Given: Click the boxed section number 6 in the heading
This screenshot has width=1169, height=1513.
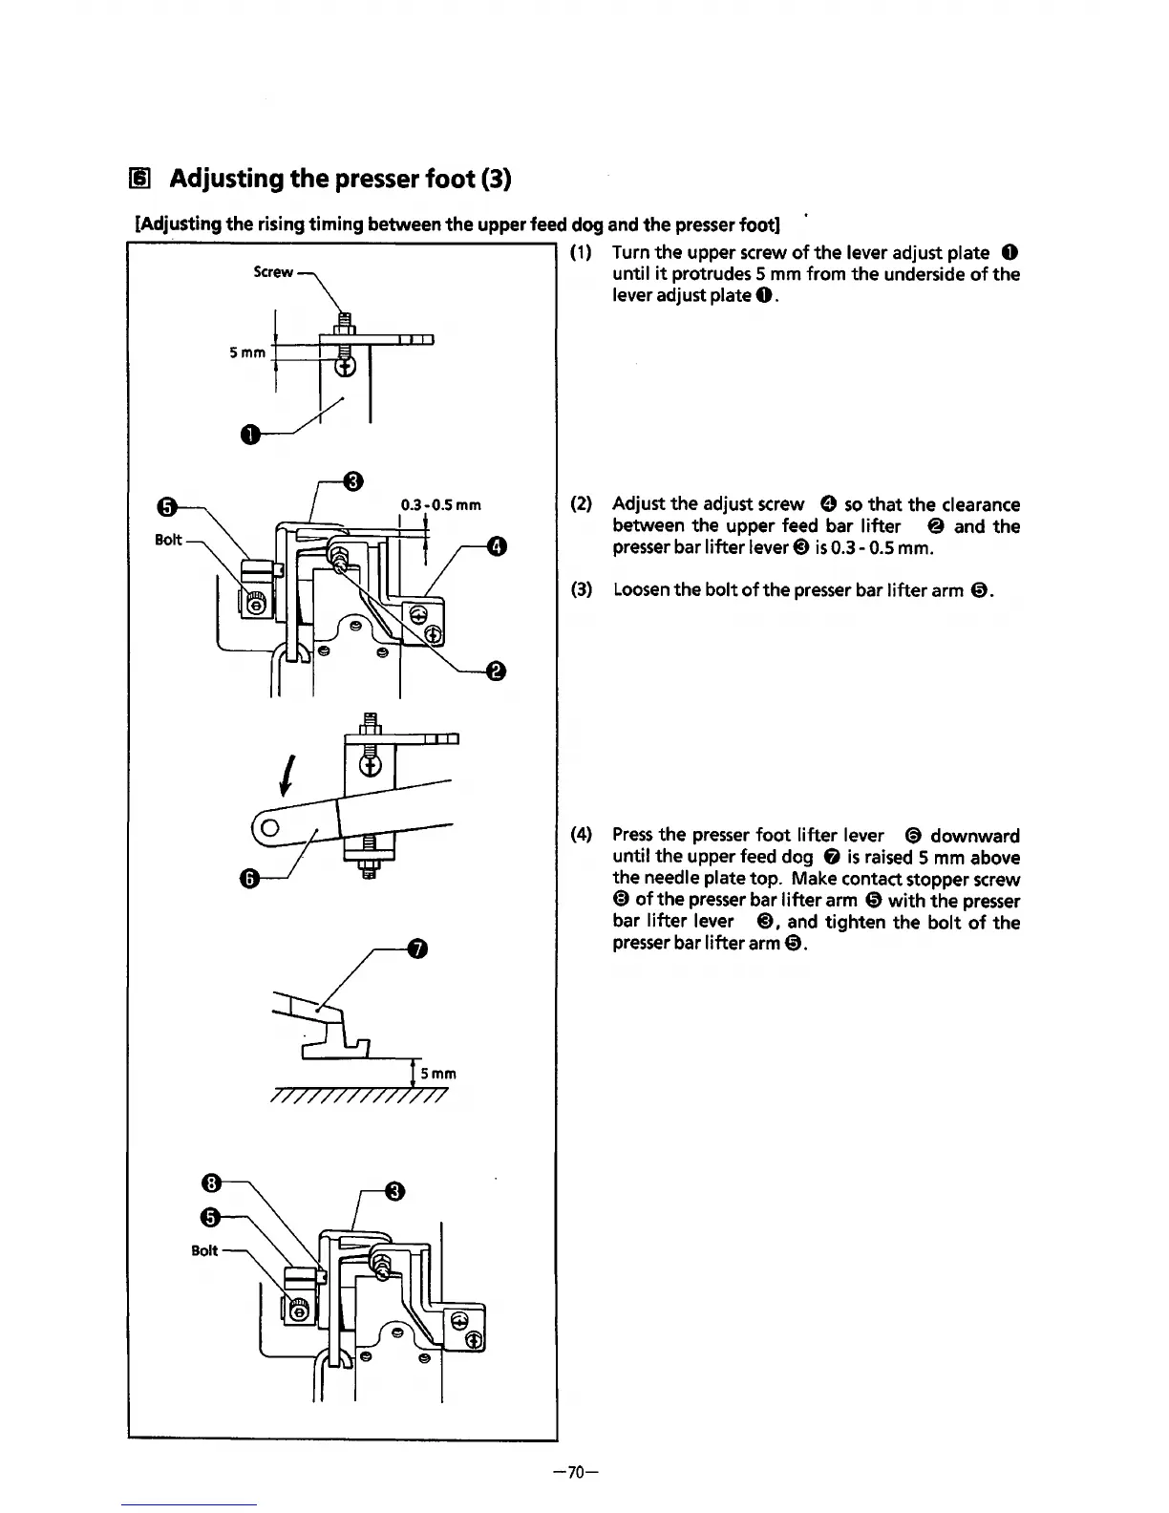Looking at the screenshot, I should pyautogui.click(x=140, y=179).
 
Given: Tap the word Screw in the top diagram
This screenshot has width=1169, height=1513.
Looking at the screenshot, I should pyautogui.click(x=273, y=272).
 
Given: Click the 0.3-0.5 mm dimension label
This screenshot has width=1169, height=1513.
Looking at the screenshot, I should pyautogui.click(x=440, y=504).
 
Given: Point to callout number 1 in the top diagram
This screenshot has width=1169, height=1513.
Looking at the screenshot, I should pyautogui.click(x=249, y=437).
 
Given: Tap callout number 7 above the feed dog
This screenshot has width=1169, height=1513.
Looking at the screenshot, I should pyautogui.click(x=415, y=948).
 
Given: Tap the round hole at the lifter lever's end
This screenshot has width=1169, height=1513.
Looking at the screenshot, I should pyautogui.click(x=270, y=827).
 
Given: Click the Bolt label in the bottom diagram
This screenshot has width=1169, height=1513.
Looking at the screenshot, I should pyautogui.click(x=204, y=1250).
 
